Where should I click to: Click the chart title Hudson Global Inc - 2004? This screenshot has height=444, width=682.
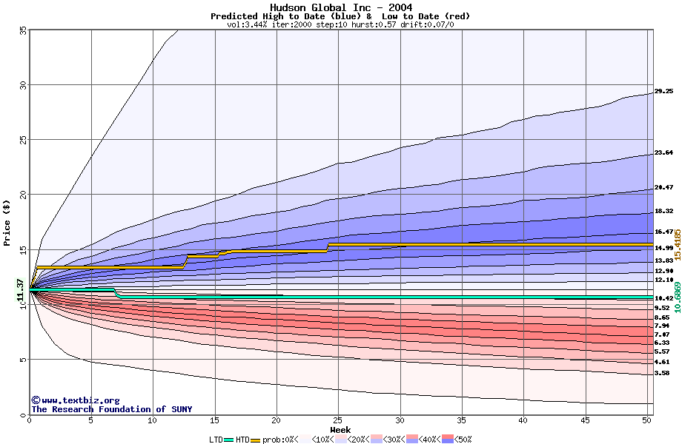[x=340, y=7]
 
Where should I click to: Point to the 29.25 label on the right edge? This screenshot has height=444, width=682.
[x=663, y=92]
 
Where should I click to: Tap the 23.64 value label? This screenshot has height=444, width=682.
[x=663, y=153]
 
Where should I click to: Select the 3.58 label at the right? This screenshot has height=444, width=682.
[x=662, y=374]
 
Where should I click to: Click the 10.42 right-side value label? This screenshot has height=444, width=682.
[x=663, y=298]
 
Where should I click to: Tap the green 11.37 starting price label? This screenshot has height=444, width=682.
[x=21, y=289]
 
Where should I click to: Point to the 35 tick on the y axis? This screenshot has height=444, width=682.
[x=23, y=30]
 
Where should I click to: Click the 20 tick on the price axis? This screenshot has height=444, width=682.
[x=23, y=195]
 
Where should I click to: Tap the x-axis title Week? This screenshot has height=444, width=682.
[x=340, y=429]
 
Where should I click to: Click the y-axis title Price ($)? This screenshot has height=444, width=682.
[x=7, y=222]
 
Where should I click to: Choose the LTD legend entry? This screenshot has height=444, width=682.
[x=216, y=440]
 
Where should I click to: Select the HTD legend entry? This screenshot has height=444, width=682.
[x=243, y=440]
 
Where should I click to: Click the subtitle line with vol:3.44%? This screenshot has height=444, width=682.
[x=340, y=24]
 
